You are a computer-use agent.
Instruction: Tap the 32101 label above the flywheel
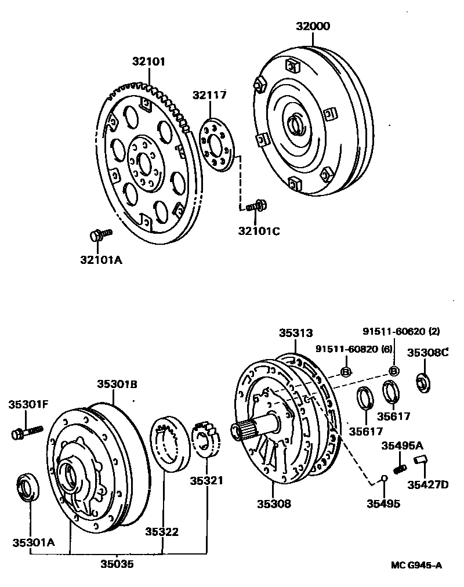(148, 61)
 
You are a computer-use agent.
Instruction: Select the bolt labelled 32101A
(100, 234)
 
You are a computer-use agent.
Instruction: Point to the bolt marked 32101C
(256, 205)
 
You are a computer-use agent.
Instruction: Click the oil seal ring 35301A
(27, 487)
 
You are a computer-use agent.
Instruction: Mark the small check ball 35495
(383, 479)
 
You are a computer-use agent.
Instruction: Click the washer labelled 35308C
(423, 382)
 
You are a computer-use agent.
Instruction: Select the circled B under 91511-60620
(394, 371)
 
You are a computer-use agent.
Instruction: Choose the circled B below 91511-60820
(345, 372)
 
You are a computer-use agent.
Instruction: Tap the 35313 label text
(296, 333)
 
